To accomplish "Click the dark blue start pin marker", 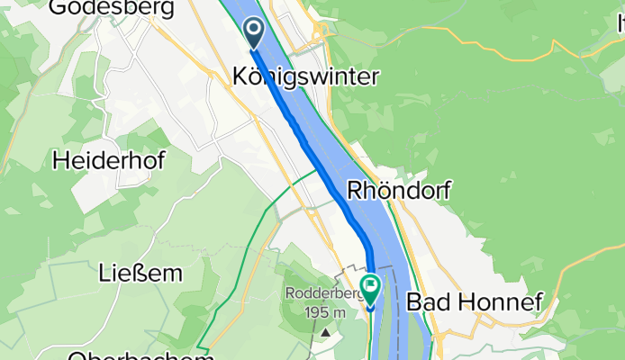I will pyautogui.click(x=254, y=32).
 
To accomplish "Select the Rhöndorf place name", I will pyautogui.click(x=399, y=191).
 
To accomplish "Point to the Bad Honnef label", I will pyautogui.click(x=475, y=302).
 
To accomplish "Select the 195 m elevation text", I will pyautogui.click(x=327, y=310).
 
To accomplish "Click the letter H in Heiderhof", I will pyautogui.click(x=60, y=161).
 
